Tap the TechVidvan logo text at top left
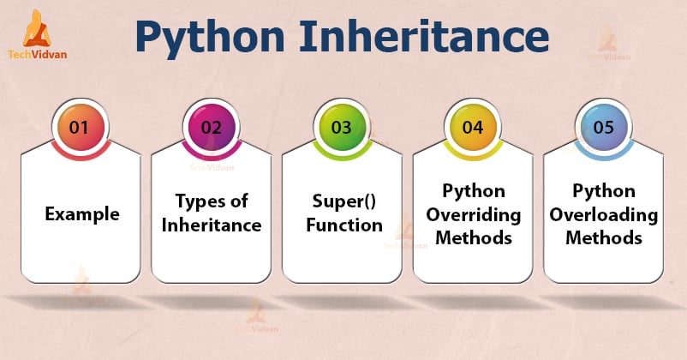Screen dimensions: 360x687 click(39, 54)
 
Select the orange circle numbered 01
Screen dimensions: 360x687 click(80, 128)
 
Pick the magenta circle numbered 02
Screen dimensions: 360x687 click(211, 128)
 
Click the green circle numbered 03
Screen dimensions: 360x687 click(342, 128)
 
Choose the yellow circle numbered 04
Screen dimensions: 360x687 click(473, 128)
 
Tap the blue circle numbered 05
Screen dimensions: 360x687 click(604, 128)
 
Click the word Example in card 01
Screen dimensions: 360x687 click(82, 213)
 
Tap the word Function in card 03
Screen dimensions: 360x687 click(345, 225)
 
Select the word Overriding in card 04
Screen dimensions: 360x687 click(474, 213)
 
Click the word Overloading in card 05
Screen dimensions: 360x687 click(605, 213)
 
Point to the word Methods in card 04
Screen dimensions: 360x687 click(474, 237)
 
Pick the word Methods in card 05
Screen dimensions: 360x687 click(605, 237)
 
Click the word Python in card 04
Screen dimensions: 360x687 click(474, 189)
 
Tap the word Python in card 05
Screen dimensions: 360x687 click(605, 189)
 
